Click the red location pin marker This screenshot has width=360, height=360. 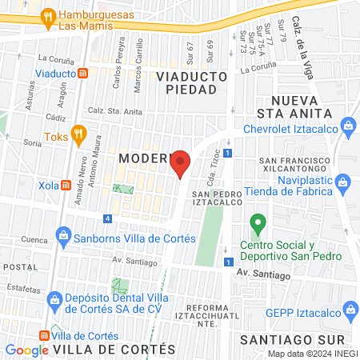(x=181, y=163)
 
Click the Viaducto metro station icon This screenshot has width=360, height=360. (x=83, y=73)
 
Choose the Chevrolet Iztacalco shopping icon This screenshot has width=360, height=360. (x=348, y=126)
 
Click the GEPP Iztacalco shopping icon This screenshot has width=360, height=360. (x=350, y=309)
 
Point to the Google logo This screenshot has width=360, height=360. (x=27, y=350)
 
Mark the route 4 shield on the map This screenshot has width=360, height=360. (x=107, y=218)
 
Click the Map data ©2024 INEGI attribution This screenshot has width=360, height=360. (x=312, y=354)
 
